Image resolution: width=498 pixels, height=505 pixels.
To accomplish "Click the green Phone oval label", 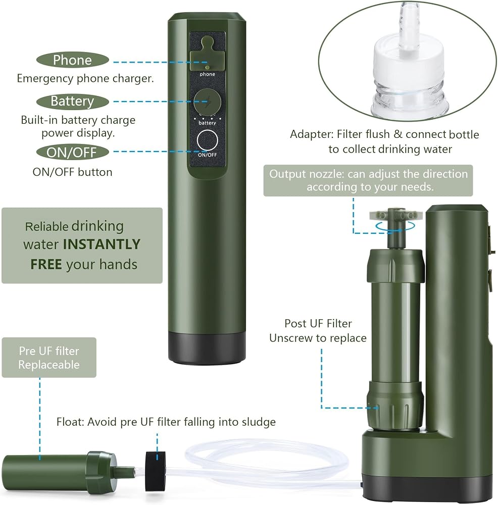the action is [x=72, y=60].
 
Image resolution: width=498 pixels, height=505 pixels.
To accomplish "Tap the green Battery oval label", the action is [x=72, y=102].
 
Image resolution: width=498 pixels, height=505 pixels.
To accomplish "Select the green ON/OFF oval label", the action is [x=72, y=153].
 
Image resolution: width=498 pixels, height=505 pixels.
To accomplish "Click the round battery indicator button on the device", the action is [x=207, y=102].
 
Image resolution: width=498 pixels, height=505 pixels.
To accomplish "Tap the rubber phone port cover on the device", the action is [x=207, y=54].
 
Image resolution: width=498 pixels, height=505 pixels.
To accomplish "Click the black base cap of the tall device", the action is [x=207, y=348].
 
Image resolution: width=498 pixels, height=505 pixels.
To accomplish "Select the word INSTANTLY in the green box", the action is [x=102, y=244].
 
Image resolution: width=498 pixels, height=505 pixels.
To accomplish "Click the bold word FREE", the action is [x=46, y=265].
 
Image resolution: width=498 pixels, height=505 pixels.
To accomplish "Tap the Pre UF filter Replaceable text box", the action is [x=49, y=358].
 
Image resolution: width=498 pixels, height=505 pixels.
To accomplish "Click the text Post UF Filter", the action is [x=318, y=323].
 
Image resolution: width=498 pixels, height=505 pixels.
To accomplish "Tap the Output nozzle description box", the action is [x=368, y=181].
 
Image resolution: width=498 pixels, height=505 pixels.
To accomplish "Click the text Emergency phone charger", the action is [x=85, y=79].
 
